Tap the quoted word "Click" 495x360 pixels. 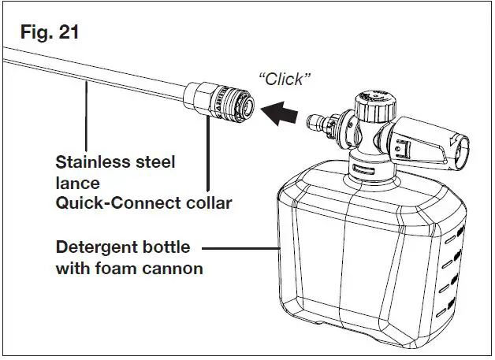285,79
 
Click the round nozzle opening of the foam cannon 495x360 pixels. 461,147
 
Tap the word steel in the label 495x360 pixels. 151,162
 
